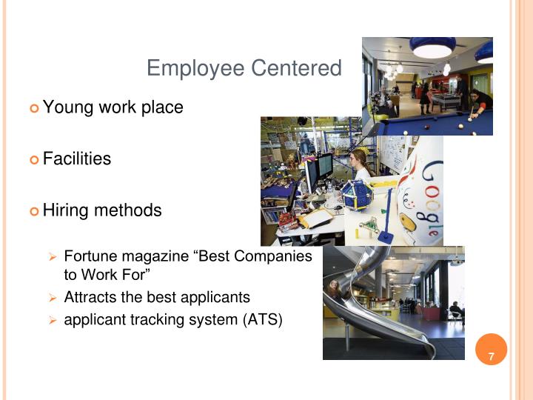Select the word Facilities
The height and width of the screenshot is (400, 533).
[x=77, y=159]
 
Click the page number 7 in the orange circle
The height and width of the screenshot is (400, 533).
[x=490, y=359]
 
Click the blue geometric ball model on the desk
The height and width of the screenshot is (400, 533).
[x=357, y=197]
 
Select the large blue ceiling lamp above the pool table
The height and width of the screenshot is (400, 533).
[x=432, y=47]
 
